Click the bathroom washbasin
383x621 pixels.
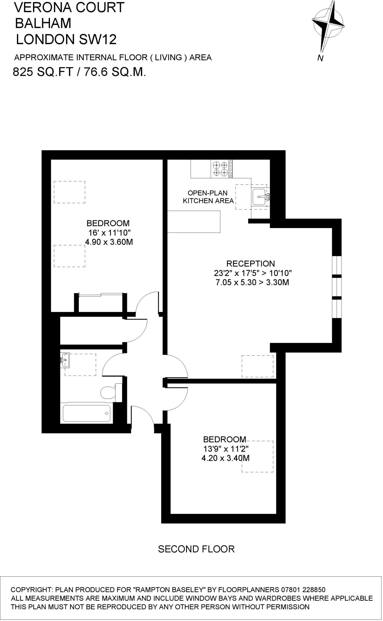click(65, 360)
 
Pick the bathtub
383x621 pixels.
click(86, 413)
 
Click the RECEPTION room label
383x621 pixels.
click(251, 264)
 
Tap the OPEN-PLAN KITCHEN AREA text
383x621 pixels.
click(208, 197)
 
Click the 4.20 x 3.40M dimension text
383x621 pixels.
click(225, 458)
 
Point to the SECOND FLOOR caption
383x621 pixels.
click(196, 549)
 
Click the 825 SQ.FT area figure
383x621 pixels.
click(43, 72)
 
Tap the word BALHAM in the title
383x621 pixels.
click(43, 23)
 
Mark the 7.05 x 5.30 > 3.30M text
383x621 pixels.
click(252, 283)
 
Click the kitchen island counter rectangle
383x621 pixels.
click(194, 222)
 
